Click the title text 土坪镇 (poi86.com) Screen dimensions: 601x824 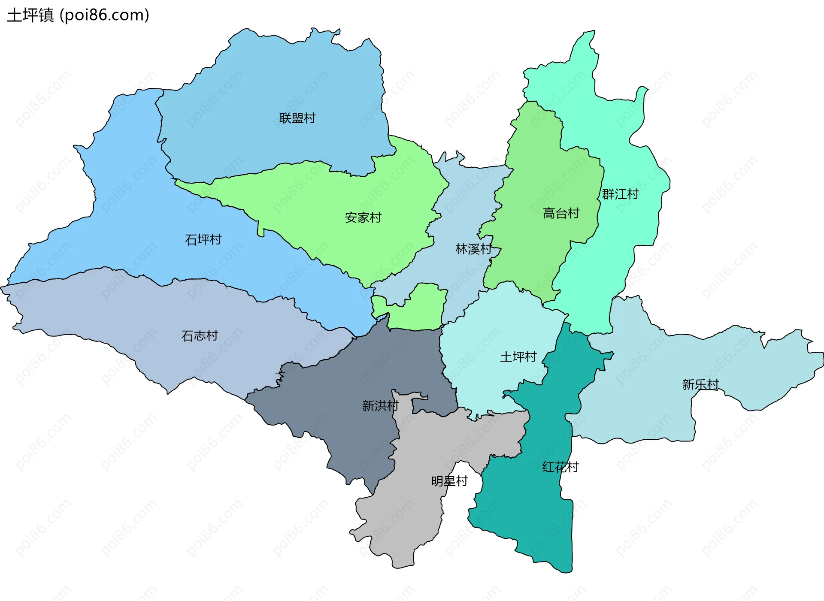(78, 15)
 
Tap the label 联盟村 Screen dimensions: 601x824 (297, 118)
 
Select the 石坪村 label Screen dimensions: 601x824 (203, 239)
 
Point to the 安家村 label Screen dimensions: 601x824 (363, 217)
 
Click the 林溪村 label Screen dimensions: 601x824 (473, 249)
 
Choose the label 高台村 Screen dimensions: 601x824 (561, 213)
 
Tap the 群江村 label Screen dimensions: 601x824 (620, 194)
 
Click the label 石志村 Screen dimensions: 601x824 (200, 335)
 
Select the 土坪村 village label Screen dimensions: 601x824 (518, 356)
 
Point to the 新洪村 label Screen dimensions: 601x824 (380, 405)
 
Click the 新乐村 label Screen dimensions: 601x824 (700, 384)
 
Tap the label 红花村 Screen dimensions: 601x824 (560, 467)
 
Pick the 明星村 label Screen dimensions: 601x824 (449, 481)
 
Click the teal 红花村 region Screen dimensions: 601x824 (532, 515)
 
